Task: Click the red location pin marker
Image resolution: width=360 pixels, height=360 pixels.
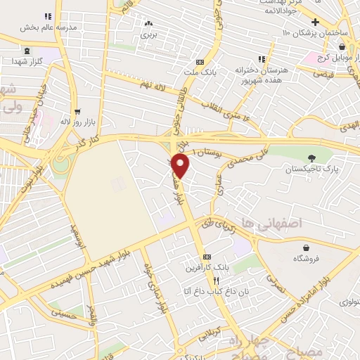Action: [181, 166]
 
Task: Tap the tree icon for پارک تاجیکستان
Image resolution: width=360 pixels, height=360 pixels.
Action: [311, 158]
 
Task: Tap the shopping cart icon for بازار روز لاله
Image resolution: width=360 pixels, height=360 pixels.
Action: [77, 111]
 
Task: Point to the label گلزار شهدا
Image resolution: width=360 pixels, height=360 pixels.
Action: [27, 62]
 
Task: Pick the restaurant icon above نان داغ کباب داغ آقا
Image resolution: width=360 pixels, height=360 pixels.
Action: [206, 279]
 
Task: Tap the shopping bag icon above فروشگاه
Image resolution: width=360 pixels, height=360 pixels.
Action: [307, 247]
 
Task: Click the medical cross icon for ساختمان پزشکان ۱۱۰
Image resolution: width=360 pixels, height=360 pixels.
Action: [316, 22]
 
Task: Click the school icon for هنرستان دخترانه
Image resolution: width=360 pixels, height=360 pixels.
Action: [261, 60]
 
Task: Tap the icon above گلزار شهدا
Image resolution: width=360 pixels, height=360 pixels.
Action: [27, 51]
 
